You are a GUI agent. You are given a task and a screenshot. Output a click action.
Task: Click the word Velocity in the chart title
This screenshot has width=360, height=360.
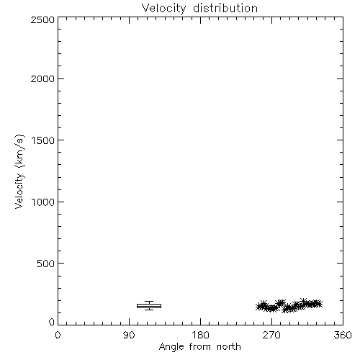[x=164, y=9]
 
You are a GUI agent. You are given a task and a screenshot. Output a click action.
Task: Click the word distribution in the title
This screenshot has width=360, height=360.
[x=225, y=8]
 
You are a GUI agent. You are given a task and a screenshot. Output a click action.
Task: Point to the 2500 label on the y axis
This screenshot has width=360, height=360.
[x=42, y=19]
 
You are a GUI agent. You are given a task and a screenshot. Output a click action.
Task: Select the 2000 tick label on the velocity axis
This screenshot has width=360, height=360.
[x=42, y=78]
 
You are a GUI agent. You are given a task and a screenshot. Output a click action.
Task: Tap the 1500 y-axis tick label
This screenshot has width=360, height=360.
[x=43, y=140]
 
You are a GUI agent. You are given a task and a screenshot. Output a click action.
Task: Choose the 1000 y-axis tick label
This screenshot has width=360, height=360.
[x=43, y=202]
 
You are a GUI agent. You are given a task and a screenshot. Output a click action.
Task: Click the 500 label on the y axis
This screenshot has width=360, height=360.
[x=46, y=264]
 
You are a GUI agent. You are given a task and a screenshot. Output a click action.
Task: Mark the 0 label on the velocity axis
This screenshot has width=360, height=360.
[x=52, y=322]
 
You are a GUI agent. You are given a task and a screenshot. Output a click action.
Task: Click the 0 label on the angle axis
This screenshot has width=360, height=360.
[x=58, y=335]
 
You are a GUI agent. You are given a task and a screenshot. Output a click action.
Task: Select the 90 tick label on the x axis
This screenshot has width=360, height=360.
[x=129, y=335]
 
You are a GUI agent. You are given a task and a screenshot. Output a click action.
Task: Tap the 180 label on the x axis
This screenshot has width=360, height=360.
[x=200, y=335]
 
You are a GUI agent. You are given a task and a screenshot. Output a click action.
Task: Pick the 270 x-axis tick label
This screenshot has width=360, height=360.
[x=271, y=335]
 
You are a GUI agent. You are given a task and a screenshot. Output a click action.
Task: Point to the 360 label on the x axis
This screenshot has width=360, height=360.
[x=343, y=335]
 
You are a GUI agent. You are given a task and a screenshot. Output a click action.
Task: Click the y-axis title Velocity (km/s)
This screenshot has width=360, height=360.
[x=19, y=171]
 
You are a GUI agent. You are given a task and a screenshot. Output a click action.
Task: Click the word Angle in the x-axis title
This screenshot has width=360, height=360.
[x=171, y=347]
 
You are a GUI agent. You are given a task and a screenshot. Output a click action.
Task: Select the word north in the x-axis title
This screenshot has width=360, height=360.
[x=229, y=346]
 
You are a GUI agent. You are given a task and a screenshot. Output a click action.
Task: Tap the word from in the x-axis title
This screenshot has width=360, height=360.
[x=200, y=346]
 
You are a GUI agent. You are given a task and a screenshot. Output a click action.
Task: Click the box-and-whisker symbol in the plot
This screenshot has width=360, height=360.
[x=149, y=306]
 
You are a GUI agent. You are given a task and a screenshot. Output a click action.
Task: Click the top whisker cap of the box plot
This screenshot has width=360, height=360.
[x=149, y=302]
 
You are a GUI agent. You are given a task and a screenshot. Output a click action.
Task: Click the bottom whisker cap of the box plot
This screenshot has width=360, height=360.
[x=149, y=310]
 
